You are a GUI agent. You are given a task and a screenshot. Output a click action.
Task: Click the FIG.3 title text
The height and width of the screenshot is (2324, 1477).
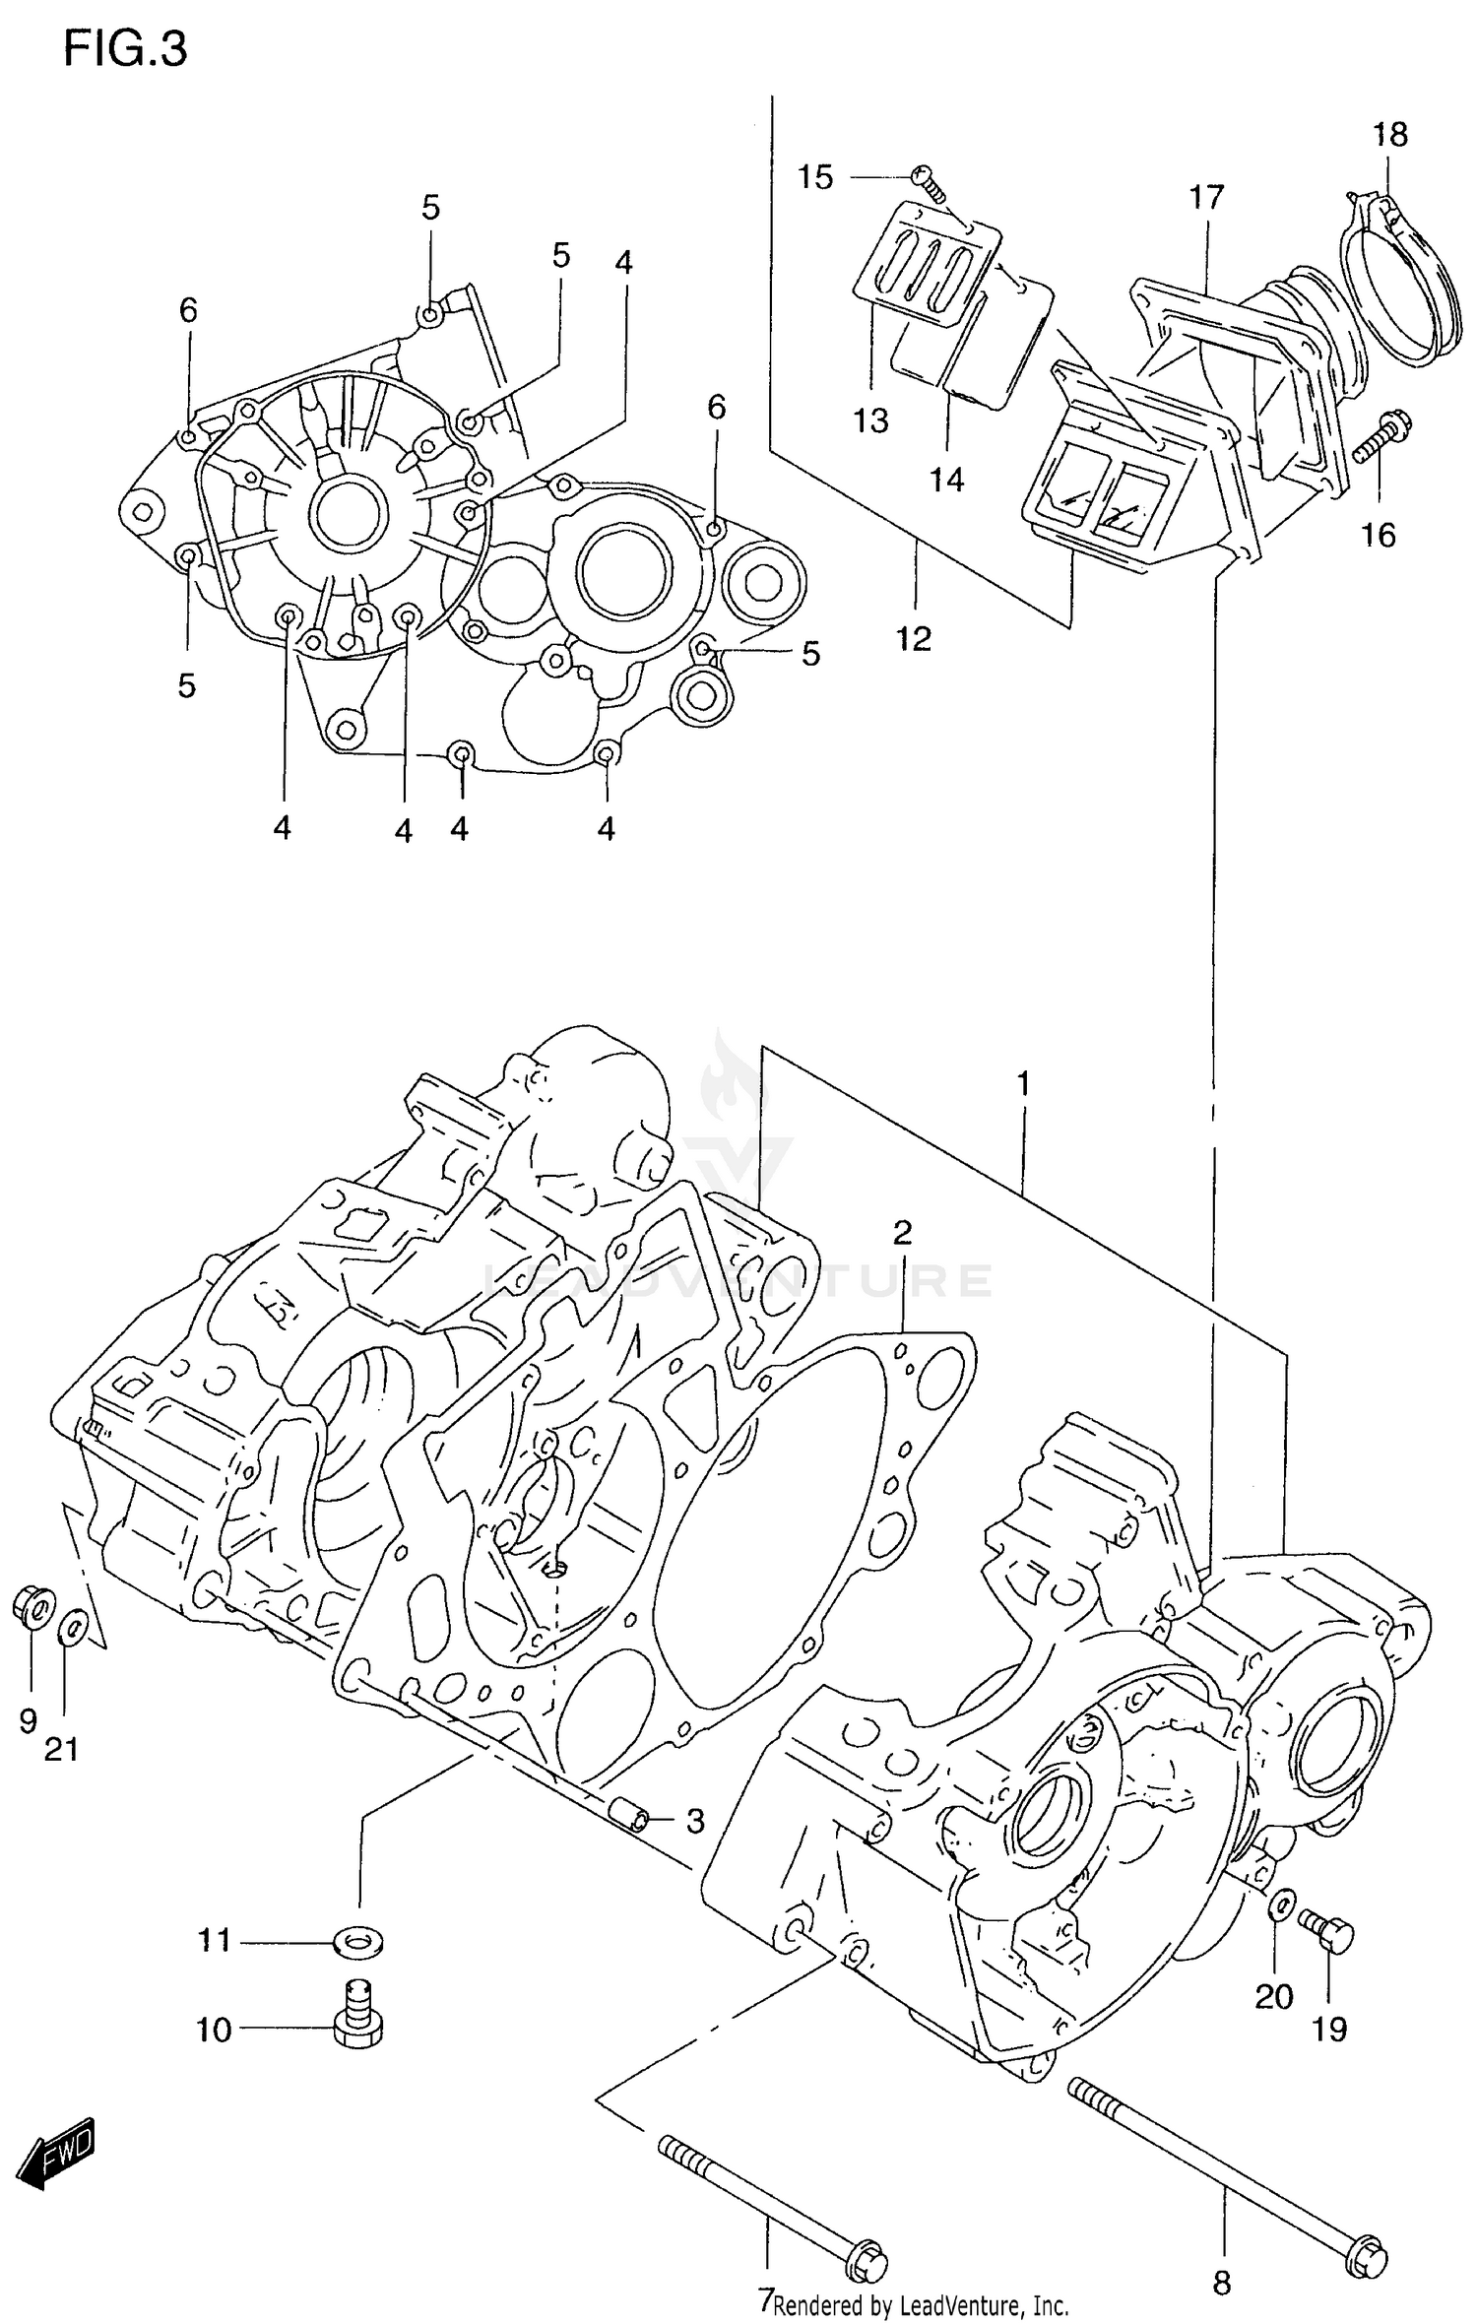pos(125,49)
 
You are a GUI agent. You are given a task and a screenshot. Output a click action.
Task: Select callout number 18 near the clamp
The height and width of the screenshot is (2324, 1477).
pos(1389,135)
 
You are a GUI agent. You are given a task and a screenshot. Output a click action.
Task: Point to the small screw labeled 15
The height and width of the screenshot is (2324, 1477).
pos(928,178)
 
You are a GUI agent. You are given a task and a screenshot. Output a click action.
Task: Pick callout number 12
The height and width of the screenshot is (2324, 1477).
pos(914,639)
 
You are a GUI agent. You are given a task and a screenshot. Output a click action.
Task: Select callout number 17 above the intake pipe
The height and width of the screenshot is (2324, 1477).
pos(1205,197)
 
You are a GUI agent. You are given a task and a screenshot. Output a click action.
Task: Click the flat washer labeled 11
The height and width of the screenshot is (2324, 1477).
pos(359,1942)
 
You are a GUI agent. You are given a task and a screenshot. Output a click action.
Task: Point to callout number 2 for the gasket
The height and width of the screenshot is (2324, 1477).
pos(902,1232)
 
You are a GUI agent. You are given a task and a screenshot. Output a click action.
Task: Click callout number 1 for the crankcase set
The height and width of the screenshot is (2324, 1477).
pos(1023,1084)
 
